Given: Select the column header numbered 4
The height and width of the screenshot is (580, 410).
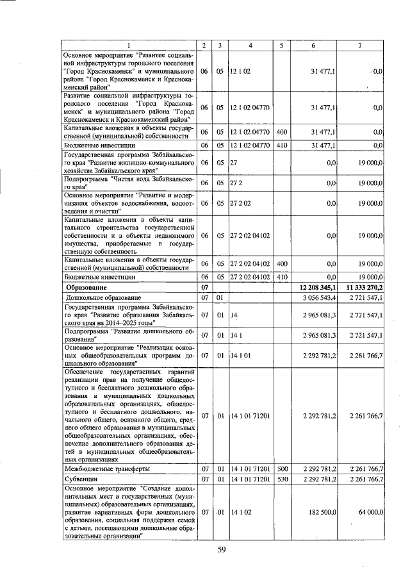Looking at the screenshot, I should (x=250, y=44).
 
